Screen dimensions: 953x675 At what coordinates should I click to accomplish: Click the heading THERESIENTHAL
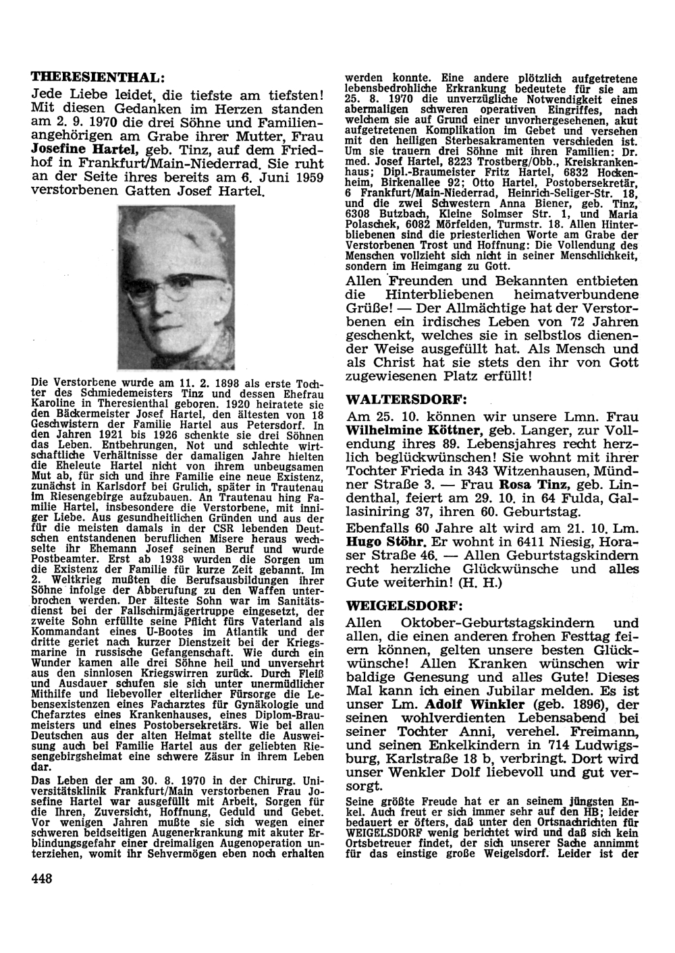tap(98, 76)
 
